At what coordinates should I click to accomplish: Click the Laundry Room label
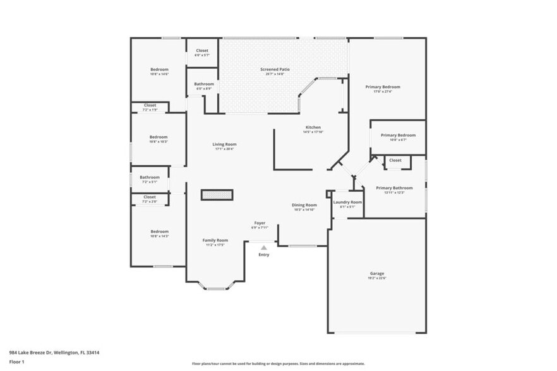tap(347, 202)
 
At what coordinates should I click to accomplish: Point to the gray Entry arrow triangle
tap(264, 248)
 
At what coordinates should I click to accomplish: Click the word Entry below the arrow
tap(264, 254)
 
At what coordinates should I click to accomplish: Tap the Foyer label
tap(260, 223)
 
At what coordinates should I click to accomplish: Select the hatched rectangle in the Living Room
tap(217, 194)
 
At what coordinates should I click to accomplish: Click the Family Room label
tap(215, 240)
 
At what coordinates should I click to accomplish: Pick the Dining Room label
tap(304, 204)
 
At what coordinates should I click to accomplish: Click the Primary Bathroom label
tap(394, 187)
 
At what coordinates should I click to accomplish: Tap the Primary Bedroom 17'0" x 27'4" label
tap(382, 87)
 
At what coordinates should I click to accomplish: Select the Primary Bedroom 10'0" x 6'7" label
tap(398, 135)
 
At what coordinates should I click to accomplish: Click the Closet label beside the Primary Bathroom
tap(395, 160)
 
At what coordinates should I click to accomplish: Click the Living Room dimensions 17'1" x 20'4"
tap(224, 149)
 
